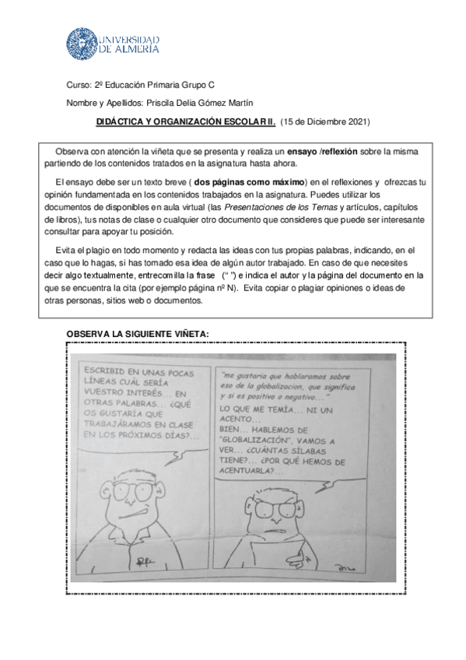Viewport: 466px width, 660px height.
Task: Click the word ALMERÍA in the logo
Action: point(133,48)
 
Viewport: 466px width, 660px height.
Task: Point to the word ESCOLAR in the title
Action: point(242,122)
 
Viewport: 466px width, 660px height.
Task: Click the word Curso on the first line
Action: point(79,84)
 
